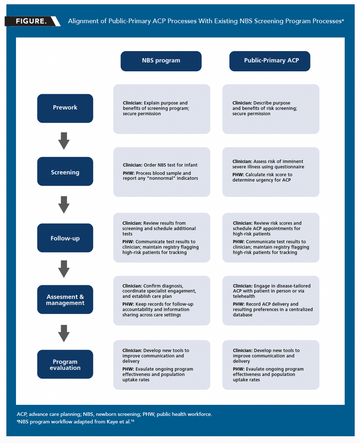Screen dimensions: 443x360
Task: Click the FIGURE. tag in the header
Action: (31, 21)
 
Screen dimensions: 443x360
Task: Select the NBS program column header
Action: (161, 61)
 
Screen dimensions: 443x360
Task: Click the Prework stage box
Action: (65, 108)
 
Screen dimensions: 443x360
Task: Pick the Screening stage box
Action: (65, 171)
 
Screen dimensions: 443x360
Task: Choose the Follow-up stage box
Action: (65, 238)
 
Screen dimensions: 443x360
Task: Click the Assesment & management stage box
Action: (65, 300)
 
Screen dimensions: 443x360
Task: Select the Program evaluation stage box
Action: (65, 365)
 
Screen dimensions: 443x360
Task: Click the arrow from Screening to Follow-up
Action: (64, 204)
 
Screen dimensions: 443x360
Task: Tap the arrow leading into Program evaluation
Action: (64, 333)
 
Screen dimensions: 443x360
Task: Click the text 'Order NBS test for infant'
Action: (170, 165)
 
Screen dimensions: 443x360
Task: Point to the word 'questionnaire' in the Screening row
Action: (290, 167)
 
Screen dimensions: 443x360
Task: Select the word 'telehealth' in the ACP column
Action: (244, 296)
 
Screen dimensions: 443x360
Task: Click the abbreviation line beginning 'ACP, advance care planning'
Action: (114, 414)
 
